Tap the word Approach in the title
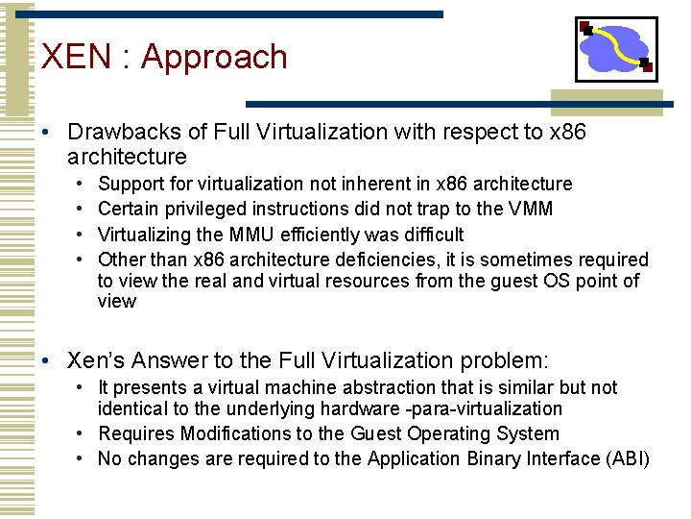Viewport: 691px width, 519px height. [x=214, y=58]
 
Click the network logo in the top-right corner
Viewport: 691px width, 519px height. [x=616, y=49]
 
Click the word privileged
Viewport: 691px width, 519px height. [x=203, y=209]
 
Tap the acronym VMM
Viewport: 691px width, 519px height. [x=532, y=209]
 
